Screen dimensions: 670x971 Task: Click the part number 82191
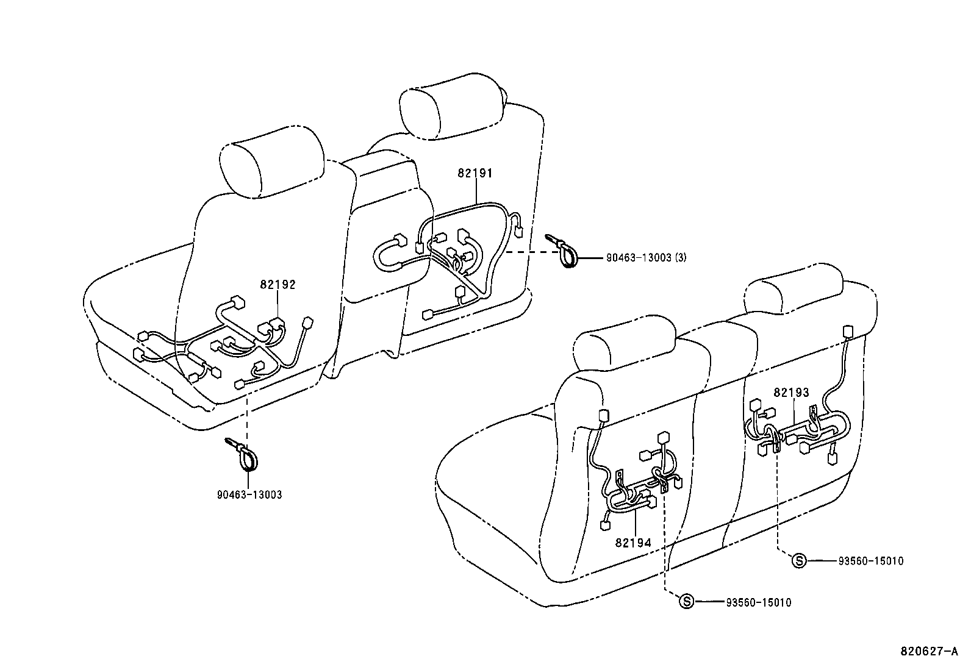475,173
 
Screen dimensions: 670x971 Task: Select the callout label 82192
278,284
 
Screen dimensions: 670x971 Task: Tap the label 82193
791,392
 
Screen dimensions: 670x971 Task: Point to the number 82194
633,543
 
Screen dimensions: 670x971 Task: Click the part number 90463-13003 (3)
646,257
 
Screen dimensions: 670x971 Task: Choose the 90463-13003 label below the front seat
249,494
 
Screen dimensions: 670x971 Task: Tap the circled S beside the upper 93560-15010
799,561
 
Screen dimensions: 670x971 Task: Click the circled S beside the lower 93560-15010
687,602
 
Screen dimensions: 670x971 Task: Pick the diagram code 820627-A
930,650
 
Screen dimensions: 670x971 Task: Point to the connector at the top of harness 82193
847,331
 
